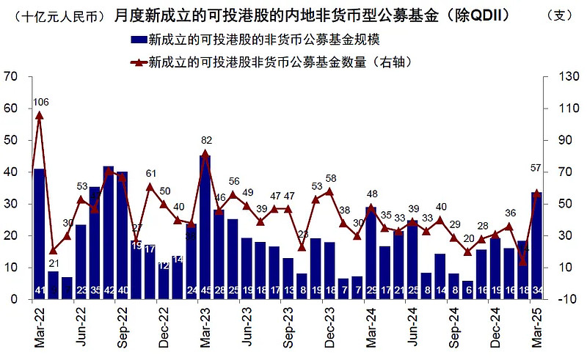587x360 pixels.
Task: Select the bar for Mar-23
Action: (x=205, y=227)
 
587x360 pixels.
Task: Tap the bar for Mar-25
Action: (x=536, y=246)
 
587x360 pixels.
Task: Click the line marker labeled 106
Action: (x=40, y=115)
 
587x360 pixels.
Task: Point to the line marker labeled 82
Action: (x=205, y=154)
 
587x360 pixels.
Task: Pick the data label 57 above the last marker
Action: (x=537, y=169)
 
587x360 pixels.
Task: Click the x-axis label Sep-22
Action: (x=123, y=328)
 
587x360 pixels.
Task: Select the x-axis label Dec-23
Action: (x=329, y=328)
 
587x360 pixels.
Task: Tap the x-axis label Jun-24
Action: (x=412, y=328)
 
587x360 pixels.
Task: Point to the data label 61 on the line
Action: (x=151, y=174)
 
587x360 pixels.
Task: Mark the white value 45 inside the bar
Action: (x=205, y=290)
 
